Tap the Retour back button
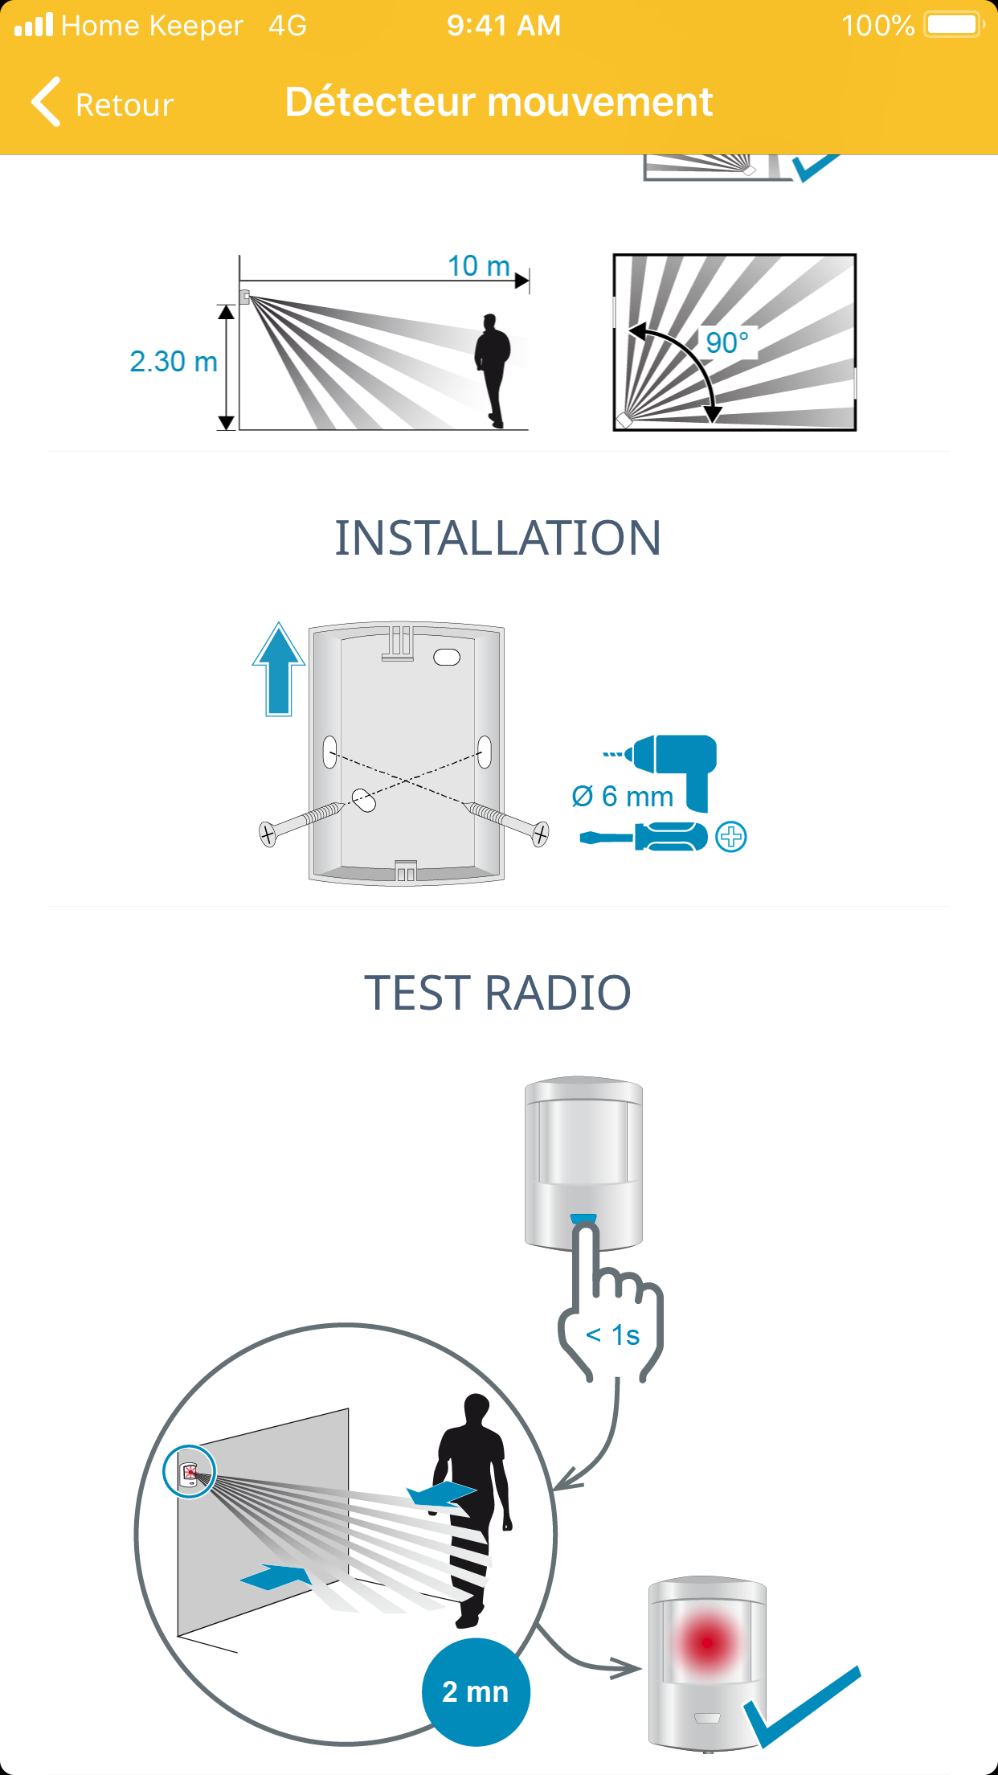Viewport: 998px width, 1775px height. [102, 104]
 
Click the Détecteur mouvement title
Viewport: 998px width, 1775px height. [499, 102]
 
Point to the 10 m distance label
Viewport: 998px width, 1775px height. [479, 265]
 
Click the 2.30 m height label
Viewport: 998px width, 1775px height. [174, 362]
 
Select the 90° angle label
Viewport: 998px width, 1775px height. [727, 342]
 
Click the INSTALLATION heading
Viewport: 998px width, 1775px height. [498, 538]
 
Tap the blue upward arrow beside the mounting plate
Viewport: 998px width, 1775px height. [279, 669]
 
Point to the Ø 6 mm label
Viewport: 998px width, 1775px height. [623, 797]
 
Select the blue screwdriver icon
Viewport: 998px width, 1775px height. [644, 837]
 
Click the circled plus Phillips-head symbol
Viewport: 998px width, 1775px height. [731, 837]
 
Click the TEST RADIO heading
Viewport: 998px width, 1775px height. [498, 993]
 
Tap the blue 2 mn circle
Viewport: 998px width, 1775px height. [476, 1691]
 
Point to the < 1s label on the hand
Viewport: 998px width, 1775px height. [613, 1335]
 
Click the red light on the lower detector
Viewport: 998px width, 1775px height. [707, 1642]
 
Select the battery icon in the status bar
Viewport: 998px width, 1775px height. [955, 25]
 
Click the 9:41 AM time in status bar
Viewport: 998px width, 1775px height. [504, 26]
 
